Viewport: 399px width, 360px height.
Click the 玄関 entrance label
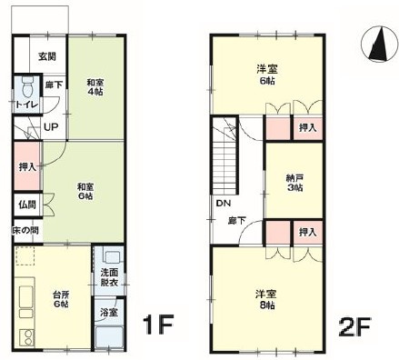(47, 56)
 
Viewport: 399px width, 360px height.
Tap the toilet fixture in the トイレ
(28, 86)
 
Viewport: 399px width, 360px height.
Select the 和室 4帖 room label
(95, 87)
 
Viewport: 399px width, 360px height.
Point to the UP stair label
(51, 127)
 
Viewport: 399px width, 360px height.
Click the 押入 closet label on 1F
(27, 166)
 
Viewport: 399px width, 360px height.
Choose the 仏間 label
(27, 205)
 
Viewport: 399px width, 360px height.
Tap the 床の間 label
(25, 230)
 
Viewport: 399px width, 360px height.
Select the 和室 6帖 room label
(85, 191)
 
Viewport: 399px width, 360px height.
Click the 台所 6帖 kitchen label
(61, 299)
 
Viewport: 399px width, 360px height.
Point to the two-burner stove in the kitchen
(27, 337)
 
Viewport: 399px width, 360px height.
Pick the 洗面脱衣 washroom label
(109, 277)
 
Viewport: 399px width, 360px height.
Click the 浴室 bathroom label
(109, 312)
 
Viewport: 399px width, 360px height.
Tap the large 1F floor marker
(158, 325)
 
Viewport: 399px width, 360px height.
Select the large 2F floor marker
(354, 326)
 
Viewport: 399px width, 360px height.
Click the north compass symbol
(380, 44)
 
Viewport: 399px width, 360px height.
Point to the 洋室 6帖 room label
(267, 75)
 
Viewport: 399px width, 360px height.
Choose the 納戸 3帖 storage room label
(294, 183)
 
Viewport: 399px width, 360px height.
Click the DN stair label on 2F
(224, 203)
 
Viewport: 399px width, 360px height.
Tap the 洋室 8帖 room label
(265, 299)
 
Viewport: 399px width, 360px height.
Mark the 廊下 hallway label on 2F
(236, 221)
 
